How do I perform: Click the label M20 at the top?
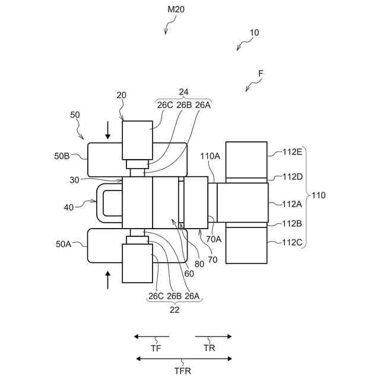tap(176, 9)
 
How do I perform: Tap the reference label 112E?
tap(293, 151)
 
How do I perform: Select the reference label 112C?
tap(293, 242)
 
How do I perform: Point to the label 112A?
tap(293, 204)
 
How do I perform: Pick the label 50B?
tap(63, 156)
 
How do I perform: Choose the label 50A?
tap(64, 243)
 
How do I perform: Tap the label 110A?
tap(210, 156)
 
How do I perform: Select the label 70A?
tap(214, 239)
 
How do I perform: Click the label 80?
tap(200, 264)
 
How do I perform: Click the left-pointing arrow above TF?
tap(151, 337)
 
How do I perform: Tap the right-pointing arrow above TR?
tap(214, 337)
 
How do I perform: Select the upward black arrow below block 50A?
tap(107, 279)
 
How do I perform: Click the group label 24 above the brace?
tap(183, 92)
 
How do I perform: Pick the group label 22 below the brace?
tap(175, 309)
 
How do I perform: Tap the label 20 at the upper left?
tap(122, 95)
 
